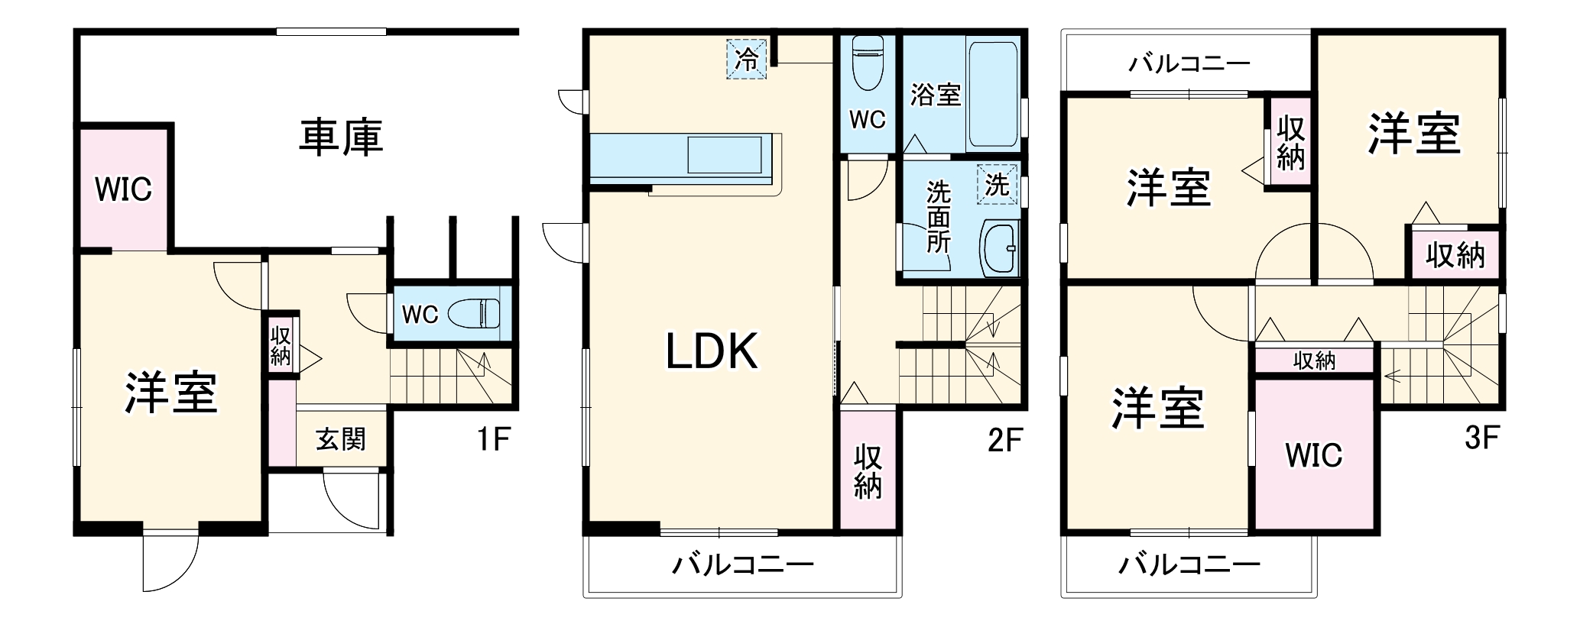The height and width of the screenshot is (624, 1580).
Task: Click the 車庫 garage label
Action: pos(340,138)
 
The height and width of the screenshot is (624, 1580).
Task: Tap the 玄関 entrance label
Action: pos(341,439)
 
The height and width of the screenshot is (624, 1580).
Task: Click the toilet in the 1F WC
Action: pos(474,312)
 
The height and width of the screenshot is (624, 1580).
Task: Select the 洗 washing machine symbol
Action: pos(998,184)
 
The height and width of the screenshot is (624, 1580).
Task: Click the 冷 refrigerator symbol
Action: pos(746,60)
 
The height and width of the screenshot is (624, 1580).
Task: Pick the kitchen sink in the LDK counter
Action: pos(725,154)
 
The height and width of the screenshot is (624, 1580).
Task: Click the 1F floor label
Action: pos(493,439)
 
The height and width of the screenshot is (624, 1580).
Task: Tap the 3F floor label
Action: pos(1482,439)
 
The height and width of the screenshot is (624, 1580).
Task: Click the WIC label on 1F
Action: pos(123,189)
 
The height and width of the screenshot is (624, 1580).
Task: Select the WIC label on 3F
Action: pos(1314,455)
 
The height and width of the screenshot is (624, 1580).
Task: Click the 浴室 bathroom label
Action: pos(936,95)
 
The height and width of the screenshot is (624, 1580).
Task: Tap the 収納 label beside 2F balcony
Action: pos(868,471)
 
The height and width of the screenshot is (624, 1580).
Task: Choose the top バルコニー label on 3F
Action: pos(1189,63)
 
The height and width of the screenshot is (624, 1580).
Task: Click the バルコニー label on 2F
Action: pos(743,565)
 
